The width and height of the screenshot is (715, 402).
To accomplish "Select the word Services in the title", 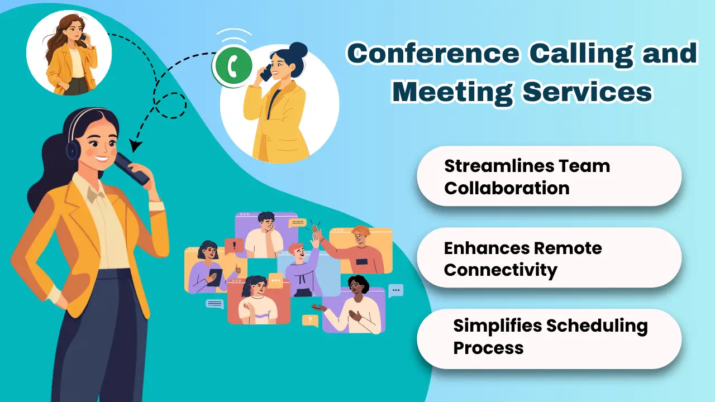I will (x=587, y=92).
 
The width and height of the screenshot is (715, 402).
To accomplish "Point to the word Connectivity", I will (x=500, y=270).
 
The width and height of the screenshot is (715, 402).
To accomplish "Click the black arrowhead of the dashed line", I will (x=135, y=146).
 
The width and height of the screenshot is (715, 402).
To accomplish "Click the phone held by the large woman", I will (x=131, y=169).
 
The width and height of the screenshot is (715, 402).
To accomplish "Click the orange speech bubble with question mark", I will (x=309, y=320).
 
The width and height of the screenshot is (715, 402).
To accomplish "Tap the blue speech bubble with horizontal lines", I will (x=214, y=304).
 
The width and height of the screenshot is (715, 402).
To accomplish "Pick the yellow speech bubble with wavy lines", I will (x=297, y=223).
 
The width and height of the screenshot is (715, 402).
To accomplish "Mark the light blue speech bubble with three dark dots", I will (x=395, y=290).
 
